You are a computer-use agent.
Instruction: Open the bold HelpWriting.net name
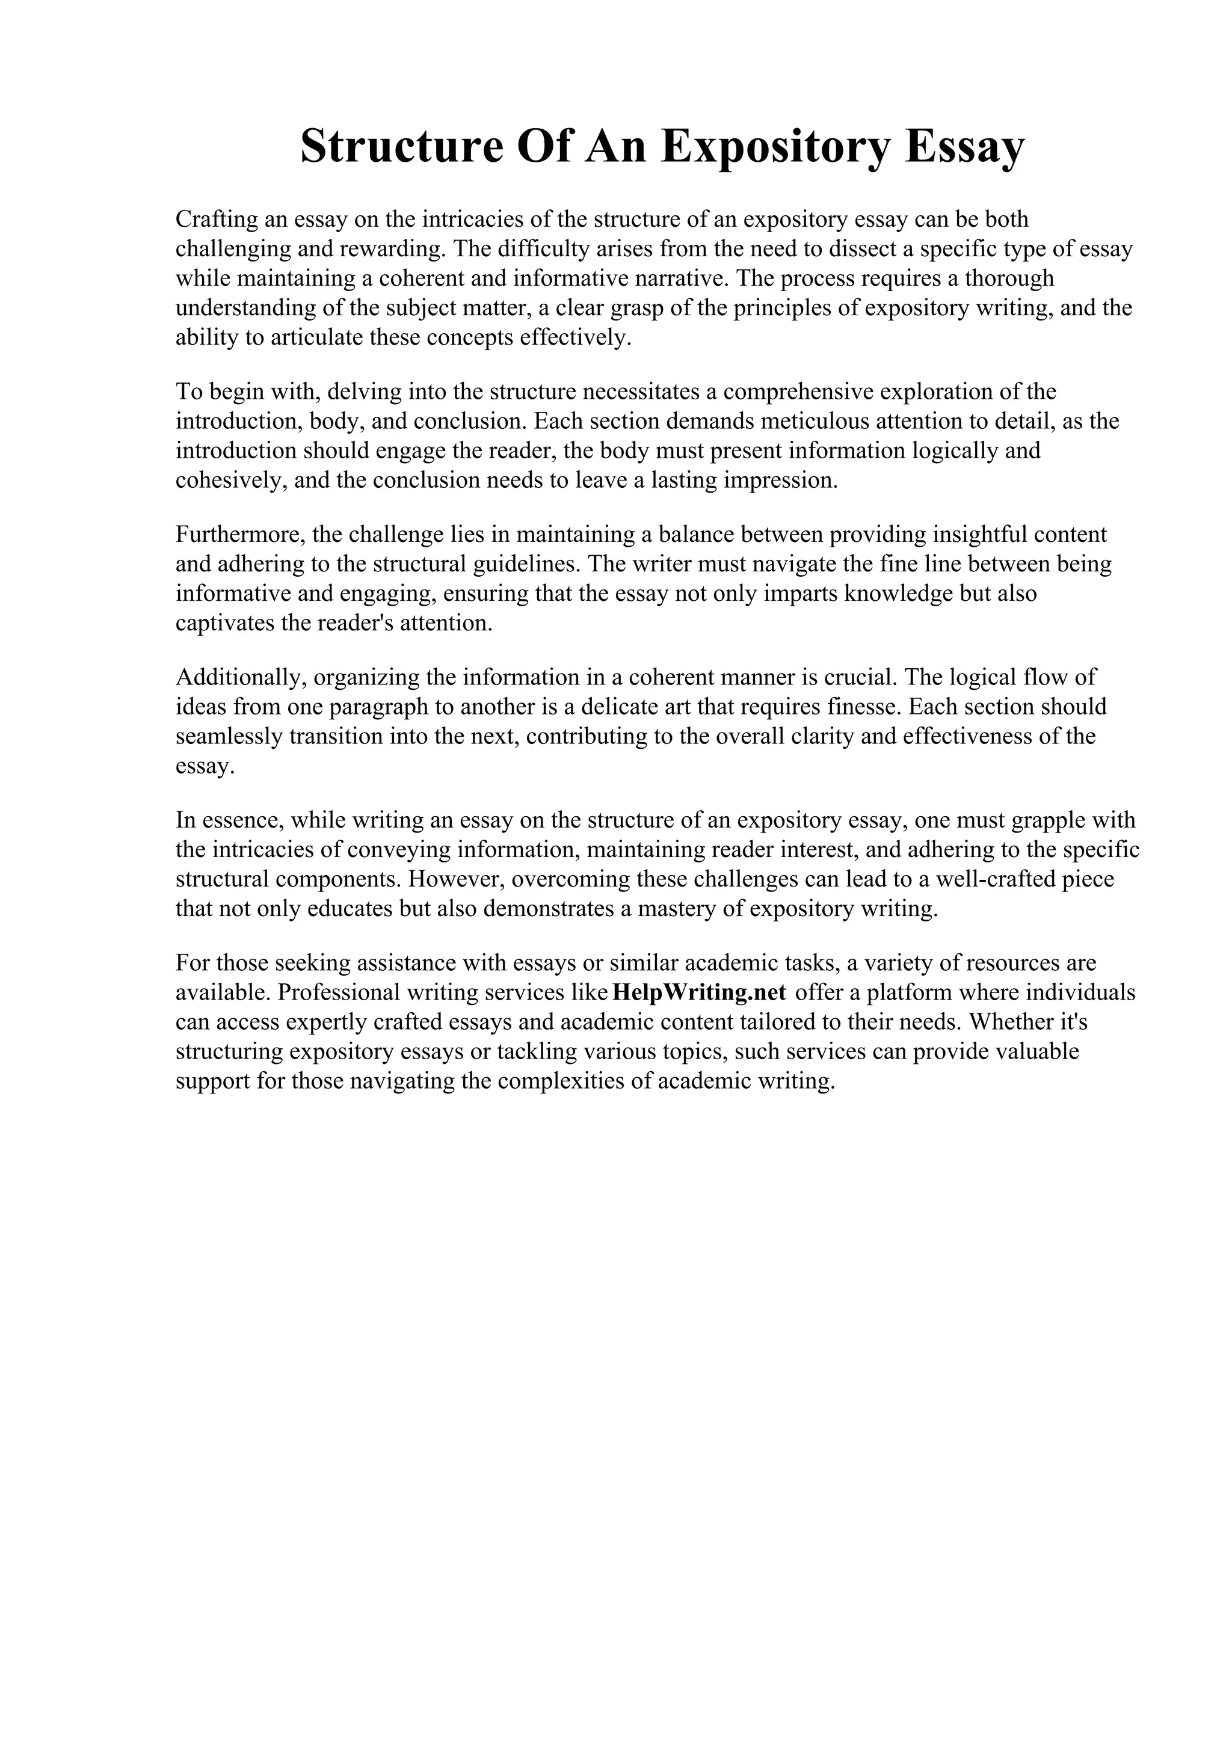tap(698, 993)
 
